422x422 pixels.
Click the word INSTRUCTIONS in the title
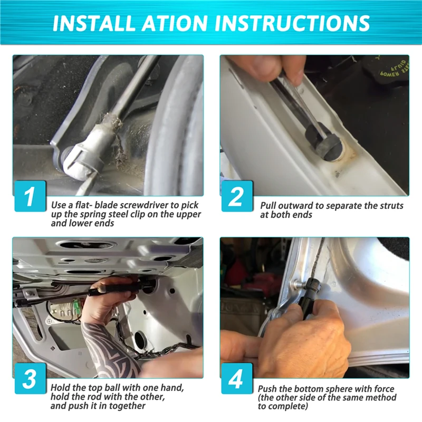tap(292, 23)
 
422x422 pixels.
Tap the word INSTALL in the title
tap(93, 23)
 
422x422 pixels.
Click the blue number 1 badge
tap(30, 196)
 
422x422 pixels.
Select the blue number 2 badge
tap(237, 196)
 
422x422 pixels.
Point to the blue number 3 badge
tap(30, 379)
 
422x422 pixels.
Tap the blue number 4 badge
tap(237, 379)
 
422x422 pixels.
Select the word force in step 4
tap(384, 389)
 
